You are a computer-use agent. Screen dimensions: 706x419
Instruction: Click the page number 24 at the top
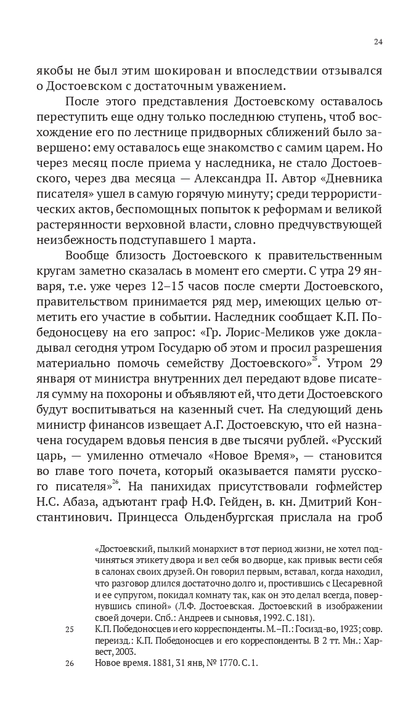point(378,41)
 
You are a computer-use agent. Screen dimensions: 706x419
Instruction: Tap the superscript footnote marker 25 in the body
point(314,357)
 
